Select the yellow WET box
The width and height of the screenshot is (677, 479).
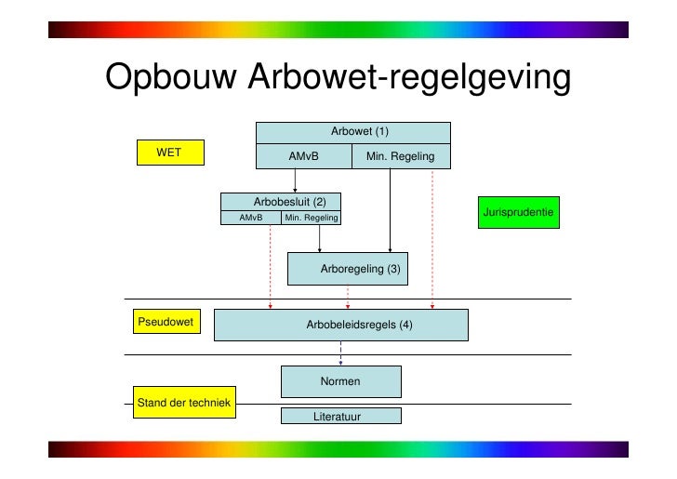tap(168, 152)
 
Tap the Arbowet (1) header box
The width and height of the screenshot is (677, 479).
tap(353, 132)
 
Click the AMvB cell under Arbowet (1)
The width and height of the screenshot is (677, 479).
tap(304, 156)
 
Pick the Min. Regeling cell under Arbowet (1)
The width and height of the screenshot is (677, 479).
tap(401, 156)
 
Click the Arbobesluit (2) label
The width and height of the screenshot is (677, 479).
tap(289, 201)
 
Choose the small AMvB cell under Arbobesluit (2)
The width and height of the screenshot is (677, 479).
tap(250, 219)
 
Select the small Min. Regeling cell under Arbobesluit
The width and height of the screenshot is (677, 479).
tap(312, 219)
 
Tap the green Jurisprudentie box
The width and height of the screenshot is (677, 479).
tap(518, 214)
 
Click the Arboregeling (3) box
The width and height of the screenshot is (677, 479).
tap(347, 269)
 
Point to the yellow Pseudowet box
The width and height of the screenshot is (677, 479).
tap(166, 323)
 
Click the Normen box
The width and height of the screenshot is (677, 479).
tap(340, 381)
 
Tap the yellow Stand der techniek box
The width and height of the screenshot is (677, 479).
tap(184, 402)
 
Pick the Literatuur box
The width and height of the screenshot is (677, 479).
tap(340, 416)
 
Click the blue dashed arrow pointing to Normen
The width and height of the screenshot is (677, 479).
tap(340, 353)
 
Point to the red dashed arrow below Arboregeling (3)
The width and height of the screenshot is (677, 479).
tap(348, 296)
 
